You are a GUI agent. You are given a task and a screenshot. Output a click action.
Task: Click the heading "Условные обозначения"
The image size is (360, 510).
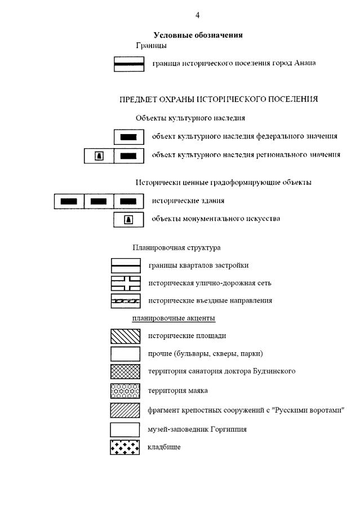[x=198, y=35]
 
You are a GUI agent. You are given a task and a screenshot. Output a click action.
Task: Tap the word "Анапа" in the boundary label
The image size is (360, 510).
[x=305, y=63]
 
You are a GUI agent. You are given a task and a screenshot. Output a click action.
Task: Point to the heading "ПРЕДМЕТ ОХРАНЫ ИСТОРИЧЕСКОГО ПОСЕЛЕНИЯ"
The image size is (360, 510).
[x=219, y=99]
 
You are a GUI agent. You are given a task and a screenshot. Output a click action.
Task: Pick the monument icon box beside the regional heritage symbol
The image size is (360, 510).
[x=99, y=156]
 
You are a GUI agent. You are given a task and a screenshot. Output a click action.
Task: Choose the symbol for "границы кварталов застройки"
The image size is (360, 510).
[x=125, y=265]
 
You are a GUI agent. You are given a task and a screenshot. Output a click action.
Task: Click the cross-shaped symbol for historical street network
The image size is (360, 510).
[x=125, y=283]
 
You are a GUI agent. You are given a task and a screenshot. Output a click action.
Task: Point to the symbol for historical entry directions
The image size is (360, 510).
[x=125, y=301]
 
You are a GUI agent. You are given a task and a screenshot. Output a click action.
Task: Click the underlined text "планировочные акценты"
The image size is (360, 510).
[x=174, y=318]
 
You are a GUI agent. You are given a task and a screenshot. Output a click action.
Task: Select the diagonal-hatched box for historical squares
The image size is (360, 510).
[x=125, y=336]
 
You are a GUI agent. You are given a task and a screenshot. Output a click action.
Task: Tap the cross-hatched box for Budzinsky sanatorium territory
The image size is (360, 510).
[x=125, y=371]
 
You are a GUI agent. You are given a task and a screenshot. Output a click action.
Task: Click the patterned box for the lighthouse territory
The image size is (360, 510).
[x=125, y=390]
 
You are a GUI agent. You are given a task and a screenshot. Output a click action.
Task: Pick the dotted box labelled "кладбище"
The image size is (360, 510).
[x=125, y=447]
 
